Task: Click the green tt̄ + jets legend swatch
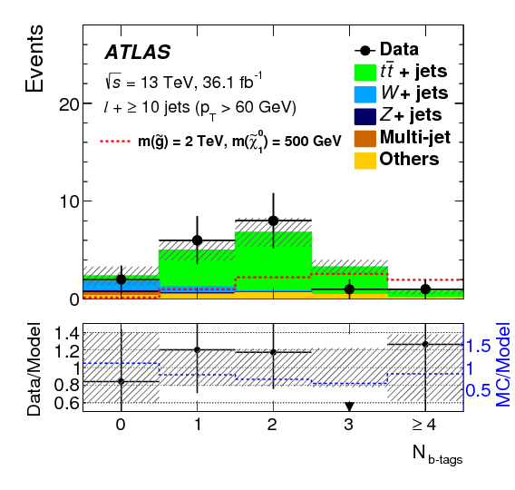[x=367, y=69]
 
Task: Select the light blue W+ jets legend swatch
[x=367, y=93]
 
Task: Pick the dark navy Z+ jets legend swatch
[x=367, y=115]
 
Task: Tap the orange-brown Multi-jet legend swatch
[x=367, y=138]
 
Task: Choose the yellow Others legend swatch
[x=367, y=160]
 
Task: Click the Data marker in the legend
[x=367, y=48]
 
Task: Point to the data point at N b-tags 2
[x=273, y=220]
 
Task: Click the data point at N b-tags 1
[x=197, y=240]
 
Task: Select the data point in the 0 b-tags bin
[x=121, y=279]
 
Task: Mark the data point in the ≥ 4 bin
[x=425, y=289]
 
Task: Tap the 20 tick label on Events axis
[x=69, y=103]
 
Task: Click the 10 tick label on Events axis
[x=69, y=201]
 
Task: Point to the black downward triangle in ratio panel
[x=349, y=407]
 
